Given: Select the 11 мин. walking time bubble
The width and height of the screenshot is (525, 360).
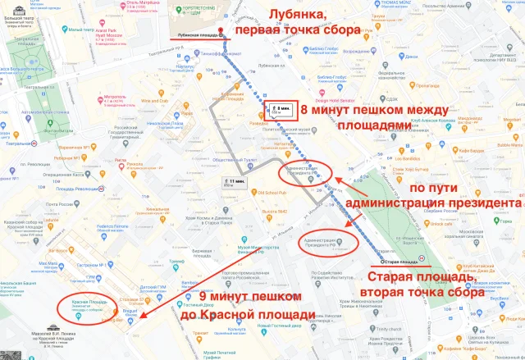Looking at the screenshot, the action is [236, 182].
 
